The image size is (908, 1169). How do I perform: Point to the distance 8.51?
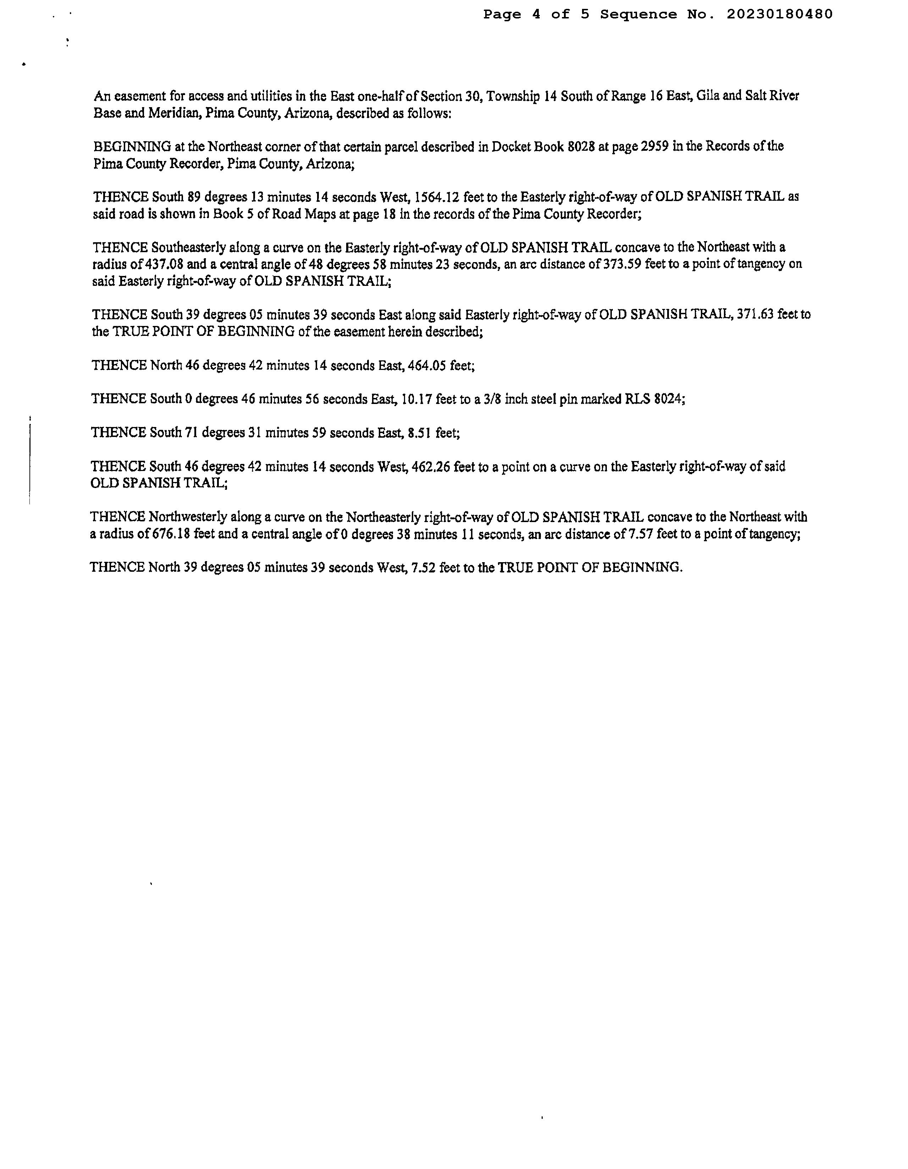pos(420,432)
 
